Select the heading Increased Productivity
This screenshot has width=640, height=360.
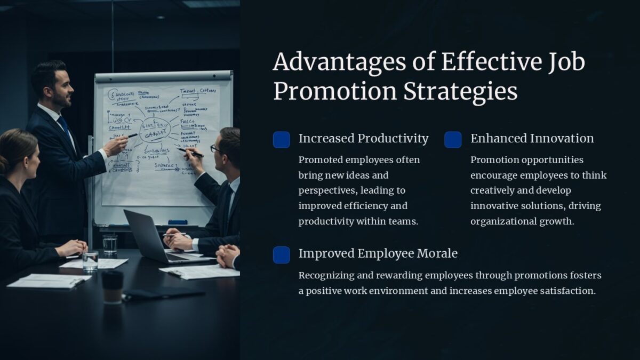(363, 139)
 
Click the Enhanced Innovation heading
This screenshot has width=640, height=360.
(532, 139)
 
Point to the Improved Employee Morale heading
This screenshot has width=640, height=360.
(378, 253)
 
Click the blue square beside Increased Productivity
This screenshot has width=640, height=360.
(282, 140)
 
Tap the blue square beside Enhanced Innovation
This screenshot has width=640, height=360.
(453, 140)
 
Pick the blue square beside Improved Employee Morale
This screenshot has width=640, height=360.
(282, 255)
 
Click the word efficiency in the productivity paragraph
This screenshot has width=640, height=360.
(367, 206)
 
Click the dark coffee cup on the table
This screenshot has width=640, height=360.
(112, 286)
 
